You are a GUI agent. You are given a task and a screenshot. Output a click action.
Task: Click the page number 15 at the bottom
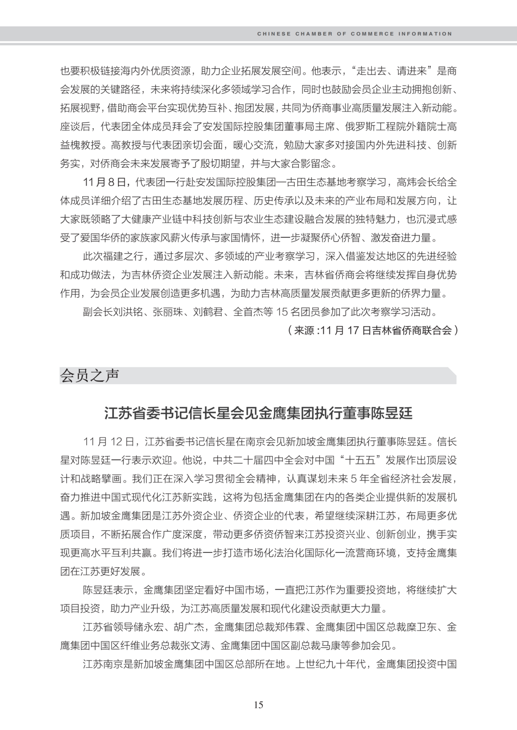pos(258,705)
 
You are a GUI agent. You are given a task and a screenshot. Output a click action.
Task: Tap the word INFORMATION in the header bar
pos(426,34)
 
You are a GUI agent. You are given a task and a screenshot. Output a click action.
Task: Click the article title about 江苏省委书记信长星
pos(258,413)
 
